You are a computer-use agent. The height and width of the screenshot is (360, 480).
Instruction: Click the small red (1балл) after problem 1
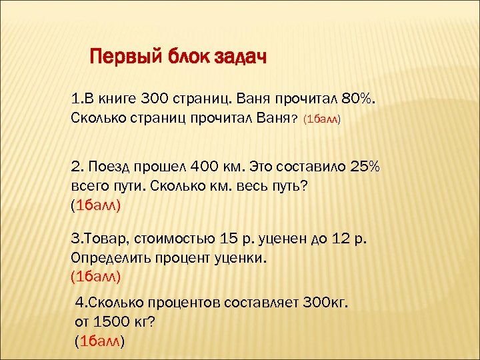click(322, 121)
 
